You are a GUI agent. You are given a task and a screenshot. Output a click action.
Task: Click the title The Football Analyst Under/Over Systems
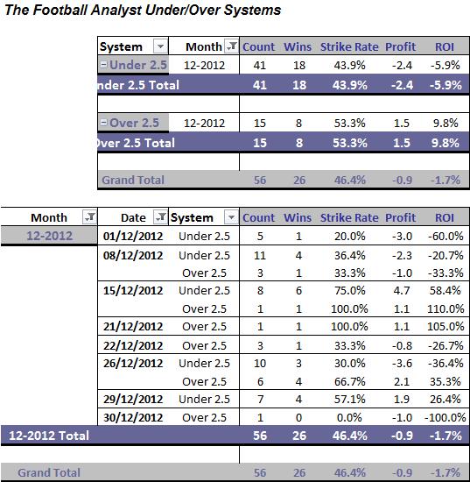[x=143, y=11]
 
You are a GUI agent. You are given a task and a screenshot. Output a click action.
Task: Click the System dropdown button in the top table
[x=160, y=46]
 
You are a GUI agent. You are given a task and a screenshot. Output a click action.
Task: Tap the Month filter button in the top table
[x=231, y=46]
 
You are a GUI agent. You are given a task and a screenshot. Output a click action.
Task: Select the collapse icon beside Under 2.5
[x=104, y=65]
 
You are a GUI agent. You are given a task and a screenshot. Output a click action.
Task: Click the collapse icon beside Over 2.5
[x=104, y=123]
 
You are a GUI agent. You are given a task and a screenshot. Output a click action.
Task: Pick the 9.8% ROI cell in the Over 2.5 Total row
[x=445, y=143]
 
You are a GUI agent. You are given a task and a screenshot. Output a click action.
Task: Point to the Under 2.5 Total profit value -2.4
[x=402, y=85]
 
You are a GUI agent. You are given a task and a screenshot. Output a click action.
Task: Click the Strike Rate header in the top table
[x=349, y=46]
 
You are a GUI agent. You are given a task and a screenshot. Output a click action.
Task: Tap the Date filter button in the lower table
[x=160, y=217]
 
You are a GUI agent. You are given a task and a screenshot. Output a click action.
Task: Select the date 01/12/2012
[x=133, y=236]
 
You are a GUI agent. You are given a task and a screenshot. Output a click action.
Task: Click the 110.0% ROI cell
[x=445, y=308]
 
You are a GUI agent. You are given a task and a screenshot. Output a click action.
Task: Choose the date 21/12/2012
[x=133, y=327]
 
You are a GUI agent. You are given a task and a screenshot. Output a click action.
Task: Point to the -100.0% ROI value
[x=445, y=417]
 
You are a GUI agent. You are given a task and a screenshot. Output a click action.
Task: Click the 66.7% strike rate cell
[x=350, y=381]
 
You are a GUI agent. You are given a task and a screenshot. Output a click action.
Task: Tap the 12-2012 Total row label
[x=49, y=436]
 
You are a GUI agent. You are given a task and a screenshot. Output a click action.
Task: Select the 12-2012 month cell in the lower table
[x=49, y=236]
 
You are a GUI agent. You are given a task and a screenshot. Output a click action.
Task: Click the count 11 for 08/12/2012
[x=260, y=255]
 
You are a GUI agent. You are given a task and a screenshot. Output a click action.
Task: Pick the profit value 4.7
[x=402, y=290]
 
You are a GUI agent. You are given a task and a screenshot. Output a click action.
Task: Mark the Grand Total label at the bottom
[x=49, y=472]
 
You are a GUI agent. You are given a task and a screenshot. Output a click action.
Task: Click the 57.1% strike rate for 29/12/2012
[x=350, y=400]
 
